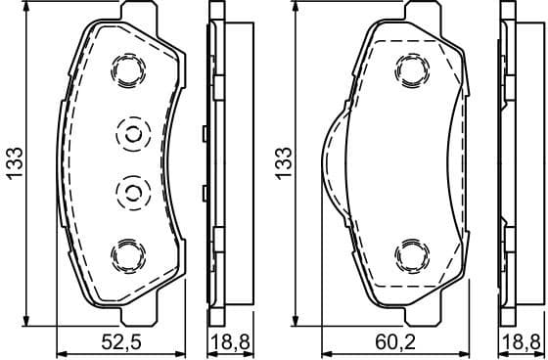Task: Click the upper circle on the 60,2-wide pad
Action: click(x=409, y=68)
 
